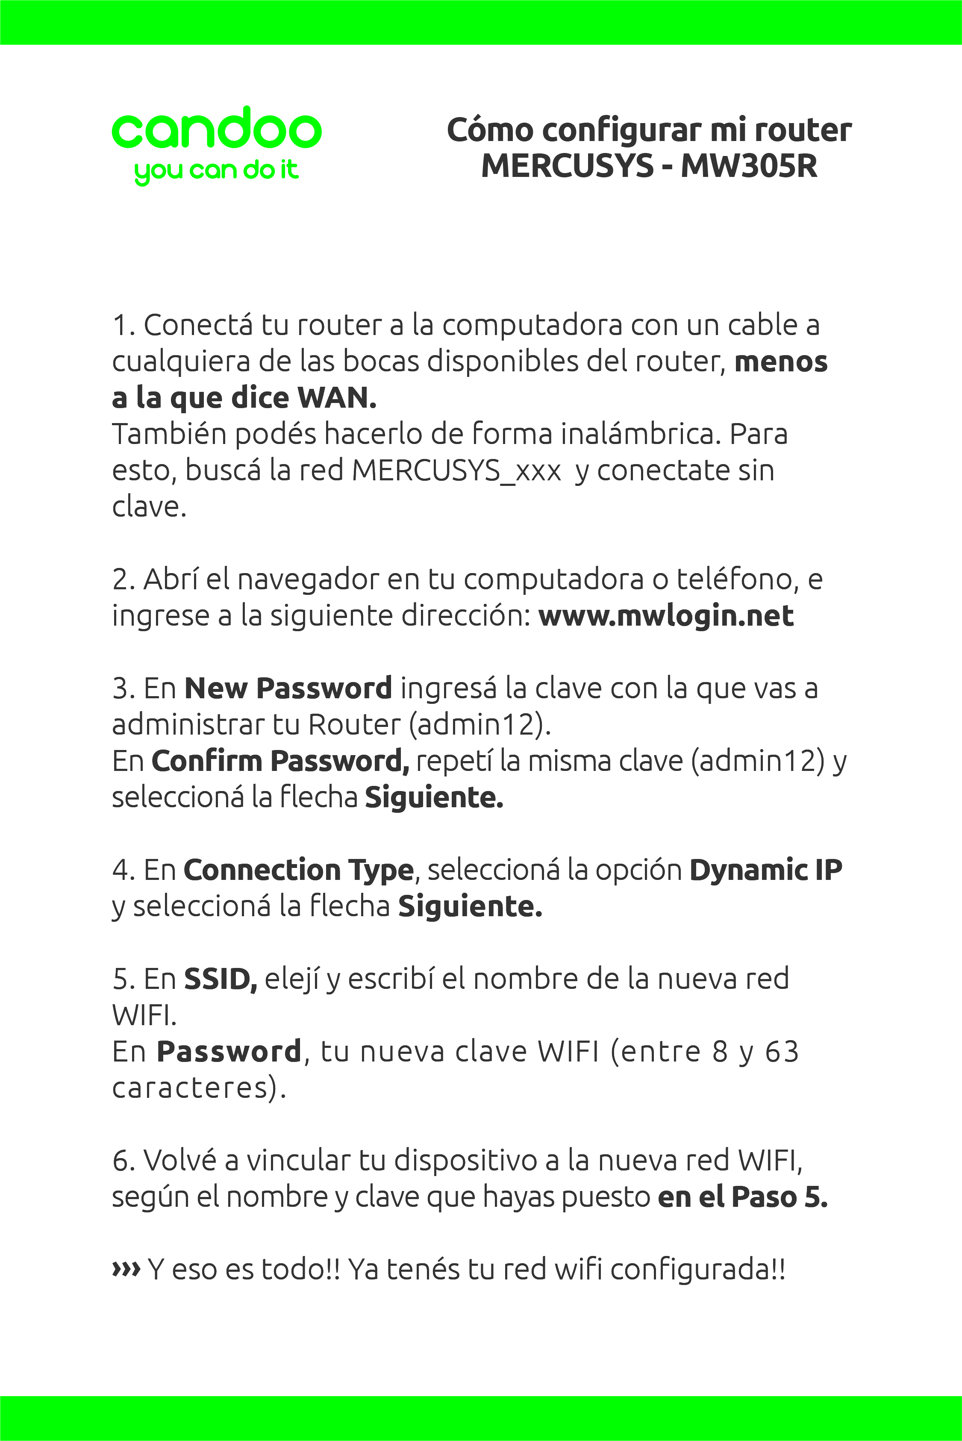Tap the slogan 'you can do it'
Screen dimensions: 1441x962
pyautogui.click(x=216, y=171)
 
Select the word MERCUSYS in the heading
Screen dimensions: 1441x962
pyautogui.click(x=568, y=166)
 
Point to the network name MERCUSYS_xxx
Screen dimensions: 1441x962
pyautogui.click(x=456, y=471)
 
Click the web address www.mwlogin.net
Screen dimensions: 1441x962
pyautogui.click(x=666, y=616)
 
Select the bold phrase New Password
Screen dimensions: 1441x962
pyautogui.click(x=288, y=688)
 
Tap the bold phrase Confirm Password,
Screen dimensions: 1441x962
pyautogui.click(x=280, y=761)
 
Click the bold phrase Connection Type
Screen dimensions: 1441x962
pyautogui.click(x=299, y=870)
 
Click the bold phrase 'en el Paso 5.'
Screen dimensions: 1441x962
pyautogui.click(x=742, y=1197)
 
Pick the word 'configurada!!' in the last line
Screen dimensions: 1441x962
pyautogui.click(x=697, y=1269)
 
